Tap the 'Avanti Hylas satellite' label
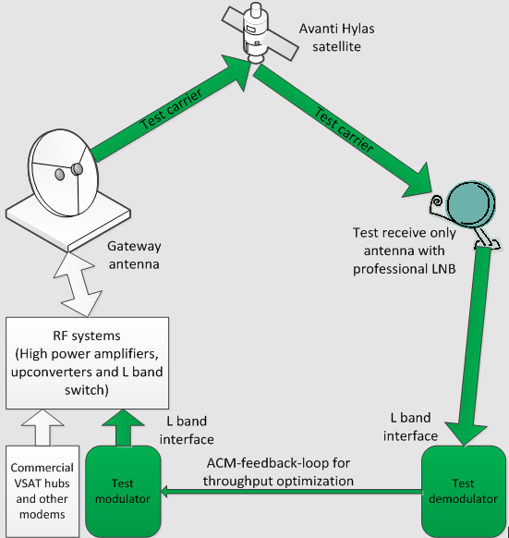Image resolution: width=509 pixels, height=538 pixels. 336,37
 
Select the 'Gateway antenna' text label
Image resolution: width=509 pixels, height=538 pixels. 134,255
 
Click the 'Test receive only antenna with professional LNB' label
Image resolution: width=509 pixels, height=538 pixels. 405,251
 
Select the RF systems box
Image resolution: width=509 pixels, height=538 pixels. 87,363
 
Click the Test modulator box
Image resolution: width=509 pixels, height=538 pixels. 123,491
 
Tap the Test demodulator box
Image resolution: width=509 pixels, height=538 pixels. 463,491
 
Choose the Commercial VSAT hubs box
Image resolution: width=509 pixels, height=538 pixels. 42,491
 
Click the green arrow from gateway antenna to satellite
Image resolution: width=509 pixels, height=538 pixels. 172,108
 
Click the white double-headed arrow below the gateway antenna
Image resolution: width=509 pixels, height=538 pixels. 78,284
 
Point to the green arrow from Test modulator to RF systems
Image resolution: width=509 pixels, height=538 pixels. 123,427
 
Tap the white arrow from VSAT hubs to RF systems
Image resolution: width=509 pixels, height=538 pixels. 42,427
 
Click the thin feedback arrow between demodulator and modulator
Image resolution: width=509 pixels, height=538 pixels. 291,492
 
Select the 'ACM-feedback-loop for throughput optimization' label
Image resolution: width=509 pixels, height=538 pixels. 278,472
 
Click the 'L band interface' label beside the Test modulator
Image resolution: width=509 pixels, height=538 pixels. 187,430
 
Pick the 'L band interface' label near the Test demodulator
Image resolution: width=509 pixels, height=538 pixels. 410,427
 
